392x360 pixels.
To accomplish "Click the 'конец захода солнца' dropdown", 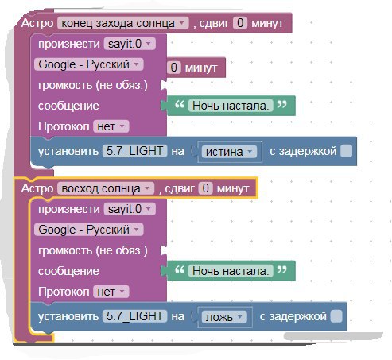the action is point(123,23).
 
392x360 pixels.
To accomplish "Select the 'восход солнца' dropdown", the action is point(106,188).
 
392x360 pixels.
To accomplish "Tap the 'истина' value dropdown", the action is point(229,152).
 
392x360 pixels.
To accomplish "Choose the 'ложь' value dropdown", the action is point(224,317).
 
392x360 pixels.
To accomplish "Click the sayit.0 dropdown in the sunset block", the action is point(130,44).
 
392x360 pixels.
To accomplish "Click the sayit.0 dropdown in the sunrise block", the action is point(130,209).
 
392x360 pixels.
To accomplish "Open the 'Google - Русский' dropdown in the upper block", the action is point(89,64).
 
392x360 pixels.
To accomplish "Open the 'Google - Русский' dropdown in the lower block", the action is point(89,230).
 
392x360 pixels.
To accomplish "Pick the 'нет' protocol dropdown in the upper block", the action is point(111,126).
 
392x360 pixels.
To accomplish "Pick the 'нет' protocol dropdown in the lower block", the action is point(111,292).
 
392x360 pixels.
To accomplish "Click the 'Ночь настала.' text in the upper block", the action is point(231,106).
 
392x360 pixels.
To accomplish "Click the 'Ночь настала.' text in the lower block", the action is point(231,271).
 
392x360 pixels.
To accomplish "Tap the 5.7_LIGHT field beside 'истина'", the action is point(134,151).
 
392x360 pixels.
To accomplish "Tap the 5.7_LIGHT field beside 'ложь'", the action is point(134,316).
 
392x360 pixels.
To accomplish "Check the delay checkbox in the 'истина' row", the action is point(346,151).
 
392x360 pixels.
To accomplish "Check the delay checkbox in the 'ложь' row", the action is point(336,316).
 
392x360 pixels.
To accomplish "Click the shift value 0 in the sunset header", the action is point(240,23).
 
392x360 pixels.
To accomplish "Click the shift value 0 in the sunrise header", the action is point(206,188).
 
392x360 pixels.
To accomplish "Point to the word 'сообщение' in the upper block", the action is point(68,106).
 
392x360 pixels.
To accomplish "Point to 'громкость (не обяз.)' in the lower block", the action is point(93,250).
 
